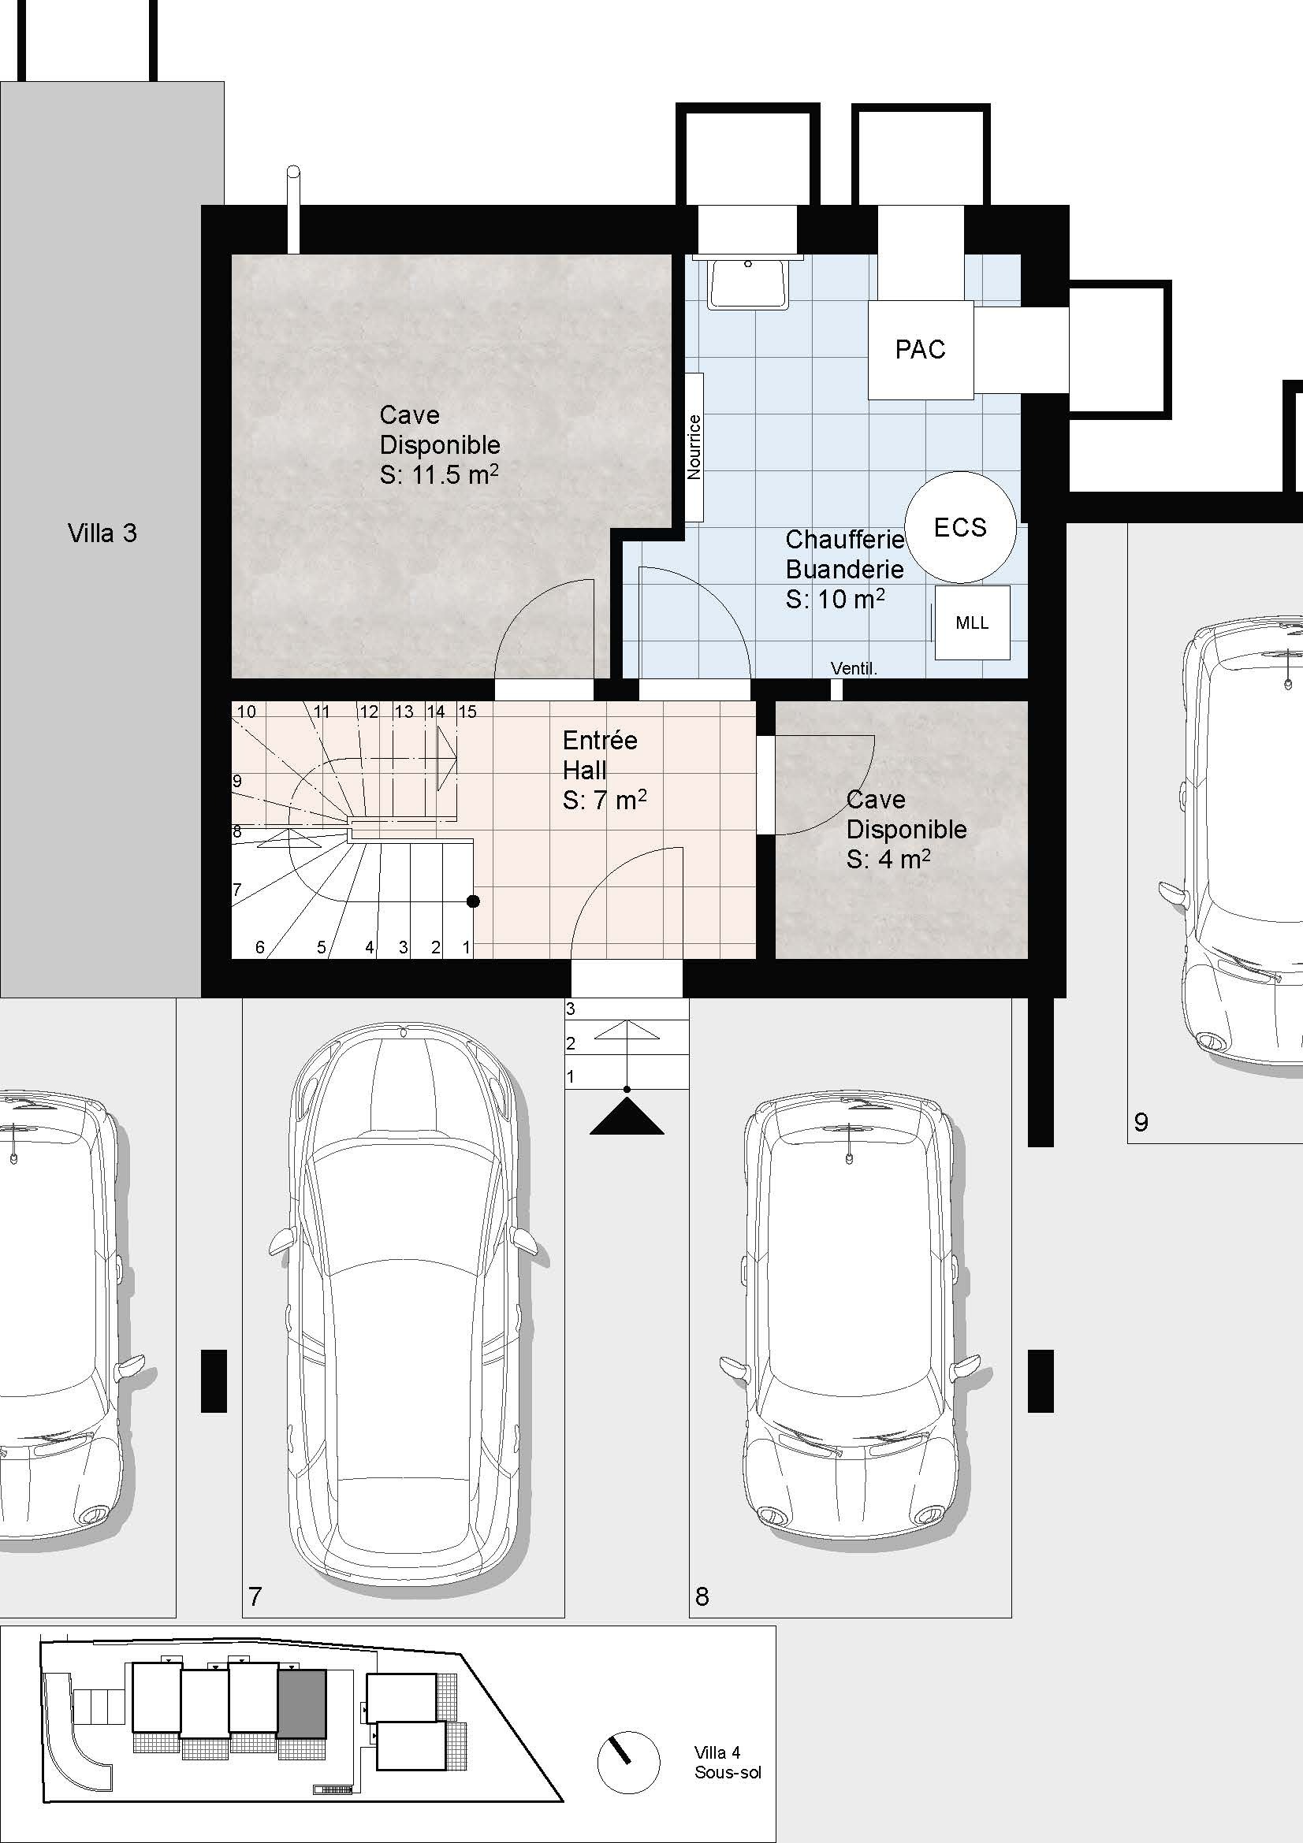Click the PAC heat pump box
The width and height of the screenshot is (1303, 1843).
click(x=920, y=350)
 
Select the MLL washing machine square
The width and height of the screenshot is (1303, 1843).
click(x=971, y=623)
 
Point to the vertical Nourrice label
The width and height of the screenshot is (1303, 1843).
click(x=694, y=447)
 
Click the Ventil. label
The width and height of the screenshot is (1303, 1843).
click(x=854, y=668)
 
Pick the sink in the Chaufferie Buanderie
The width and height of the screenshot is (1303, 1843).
click(x=748, y=282)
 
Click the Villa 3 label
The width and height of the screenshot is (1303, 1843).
click(x=102, y=533)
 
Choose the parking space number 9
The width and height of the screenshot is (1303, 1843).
click(x=1141, y=1122)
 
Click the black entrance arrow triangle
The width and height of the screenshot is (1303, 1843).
click(x=627, y=1117)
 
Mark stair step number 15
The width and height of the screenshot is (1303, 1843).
click(x=467, y=712)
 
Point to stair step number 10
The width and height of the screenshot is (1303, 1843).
click(x=247, y=712)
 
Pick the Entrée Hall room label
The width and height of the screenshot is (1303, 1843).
click(x=600, y=756)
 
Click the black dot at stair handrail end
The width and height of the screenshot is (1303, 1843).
click(x=474, y=901)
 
